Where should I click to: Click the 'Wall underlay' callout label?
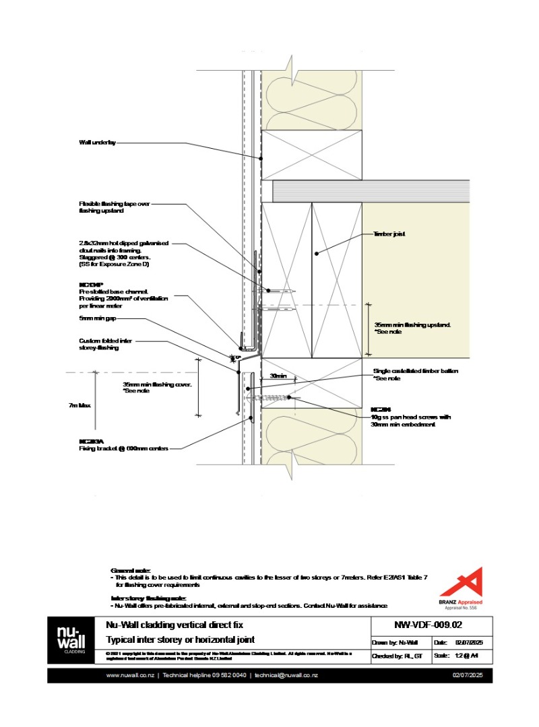tap(98, 143)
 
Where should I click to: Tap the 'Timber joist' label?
tap(388, 234)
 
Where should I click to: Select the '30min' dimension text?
tap(278, 376)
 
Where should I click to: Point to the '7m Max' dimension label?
tap(80, 405)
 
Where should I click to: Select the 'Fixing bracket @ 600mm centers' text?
tap(123, 448)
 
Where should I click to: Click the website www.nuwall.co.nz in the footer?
tap(130, 675)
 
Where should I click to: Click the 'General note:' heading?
tap(131, 570)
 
